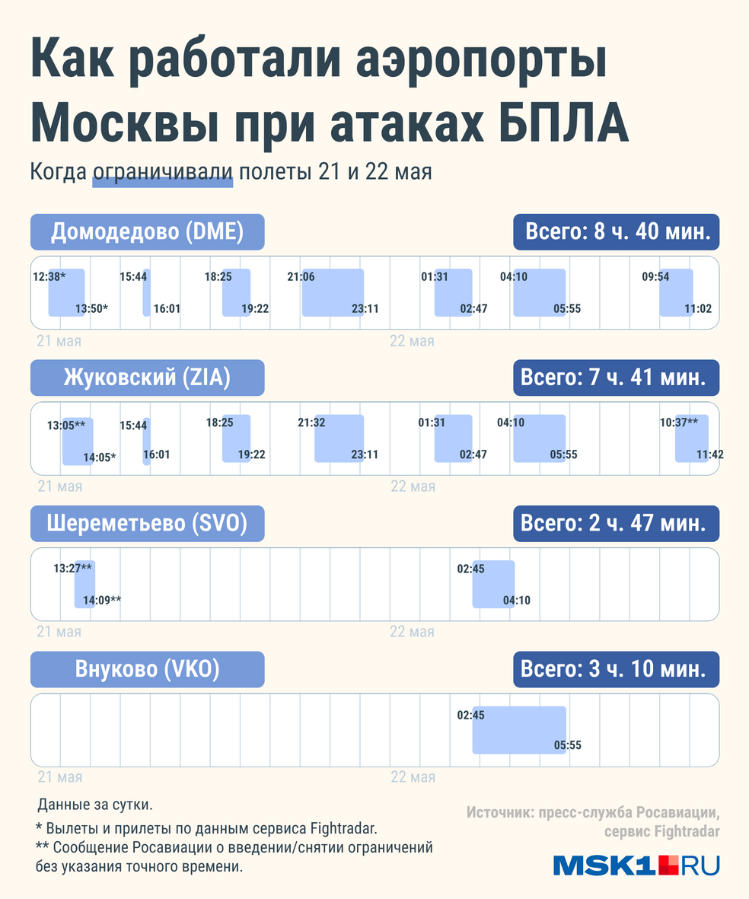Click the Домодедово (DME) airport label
click(147, 232)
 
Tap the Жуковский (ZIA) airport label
click(147, 378)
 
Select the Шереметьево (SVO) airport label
click(147, 524)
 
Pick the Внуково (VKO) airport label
click(147, 669)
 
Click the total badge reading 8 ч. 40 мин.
click(617, 232)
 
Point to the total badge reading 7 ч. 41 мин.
click(617, 378)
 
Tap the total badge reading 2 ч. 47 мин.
click(617, 524)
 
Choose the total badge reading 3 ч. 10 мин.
click(617, 669)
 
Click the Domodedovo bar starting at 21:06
click(333, 292)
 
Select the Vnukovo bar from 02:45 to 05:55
click(519, 730)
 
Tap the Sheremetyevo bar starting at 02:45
click(493, 584)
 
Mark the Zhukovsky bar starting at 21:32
click(339, 438)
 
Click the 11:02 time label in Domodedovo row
click(698, 309)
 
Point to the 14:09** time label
click(103, 601)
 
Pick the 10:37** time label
click(678, 422)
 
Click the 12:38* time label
click(49, 277)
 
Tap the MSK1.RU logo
click(636, 866)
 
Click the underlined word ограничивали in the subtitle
click(163, 172)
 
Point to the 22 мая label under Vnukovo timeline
click(413, 778)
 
